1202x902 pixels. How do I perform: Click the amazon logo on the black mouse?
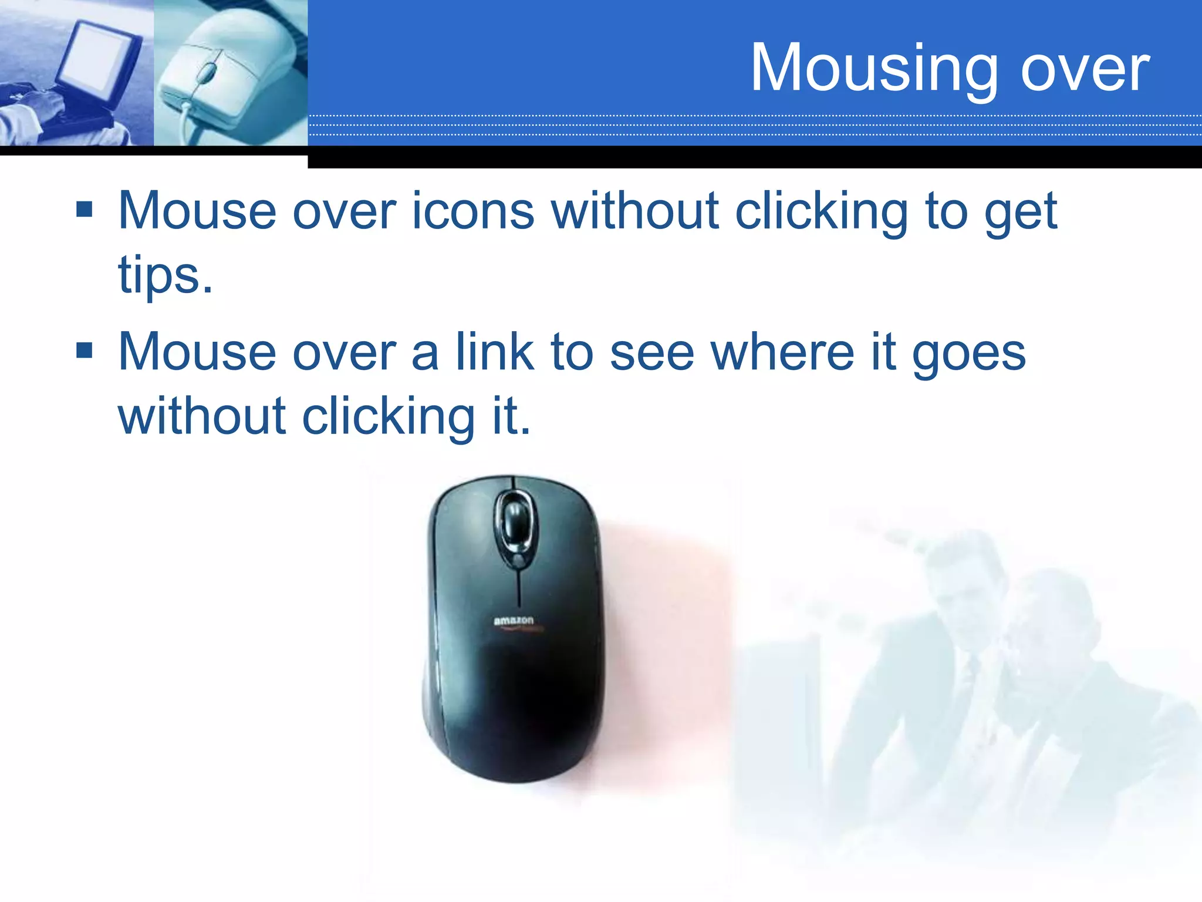click(x=514, y=621)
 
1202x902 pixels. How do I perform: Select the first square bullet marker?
click(x=85, y=210)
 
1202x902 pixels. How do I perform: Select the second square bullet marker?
click(x=85, y=351)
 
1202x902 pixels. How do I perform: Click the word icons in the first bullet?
click(x=473, y=211)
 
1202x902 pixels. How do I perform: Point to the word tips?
click(x=165, y=275)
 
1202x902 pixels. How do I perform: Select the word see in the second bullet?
click(x=652, y=353)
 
